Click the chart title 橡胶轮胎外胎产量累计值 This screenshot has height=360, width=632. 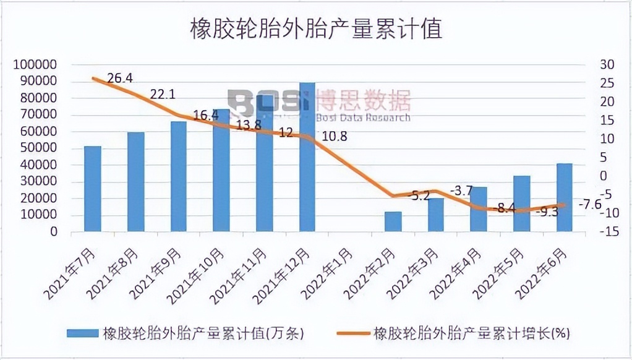pos(315,28)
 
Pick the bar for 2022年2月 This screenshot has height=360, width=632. pos(393,221)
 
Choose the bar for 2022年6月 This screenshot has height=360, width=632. pos(564,197)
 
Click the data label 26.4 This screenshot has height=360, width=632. pos(120,78)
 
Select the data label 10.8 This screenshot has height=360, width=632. pos(333,136)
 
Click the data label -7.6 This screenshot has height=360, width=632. pos(589,204)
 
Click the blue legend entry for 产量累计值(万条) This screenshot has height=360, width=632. pos(186,333)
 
